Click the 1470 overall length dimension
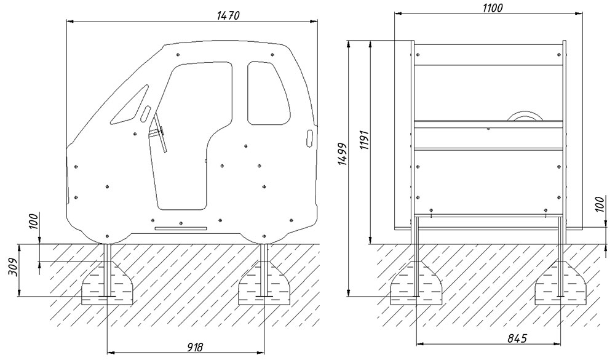pos(228,15)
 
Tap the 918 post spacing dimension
pos(195,347)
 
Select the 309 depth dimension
pos(13,267)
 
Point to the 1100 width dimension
pos(492,7)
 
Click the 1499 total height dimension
pos(342,154)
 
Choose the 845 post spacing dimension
pos(517,338)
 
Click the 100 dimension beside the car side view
pos(34,221)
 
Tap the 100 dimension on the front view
pos(600,205)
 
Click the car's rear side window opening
pos(269,93)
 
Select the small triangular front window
pos(130,104)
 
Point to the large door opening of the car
pos(190,135)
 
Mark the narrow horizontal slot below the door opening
pos(181,228)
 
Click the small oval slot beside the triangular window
pos(146,113)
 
